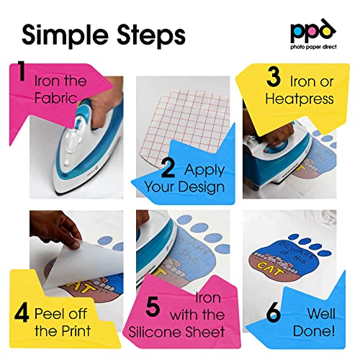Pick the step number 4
point(22,314)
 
